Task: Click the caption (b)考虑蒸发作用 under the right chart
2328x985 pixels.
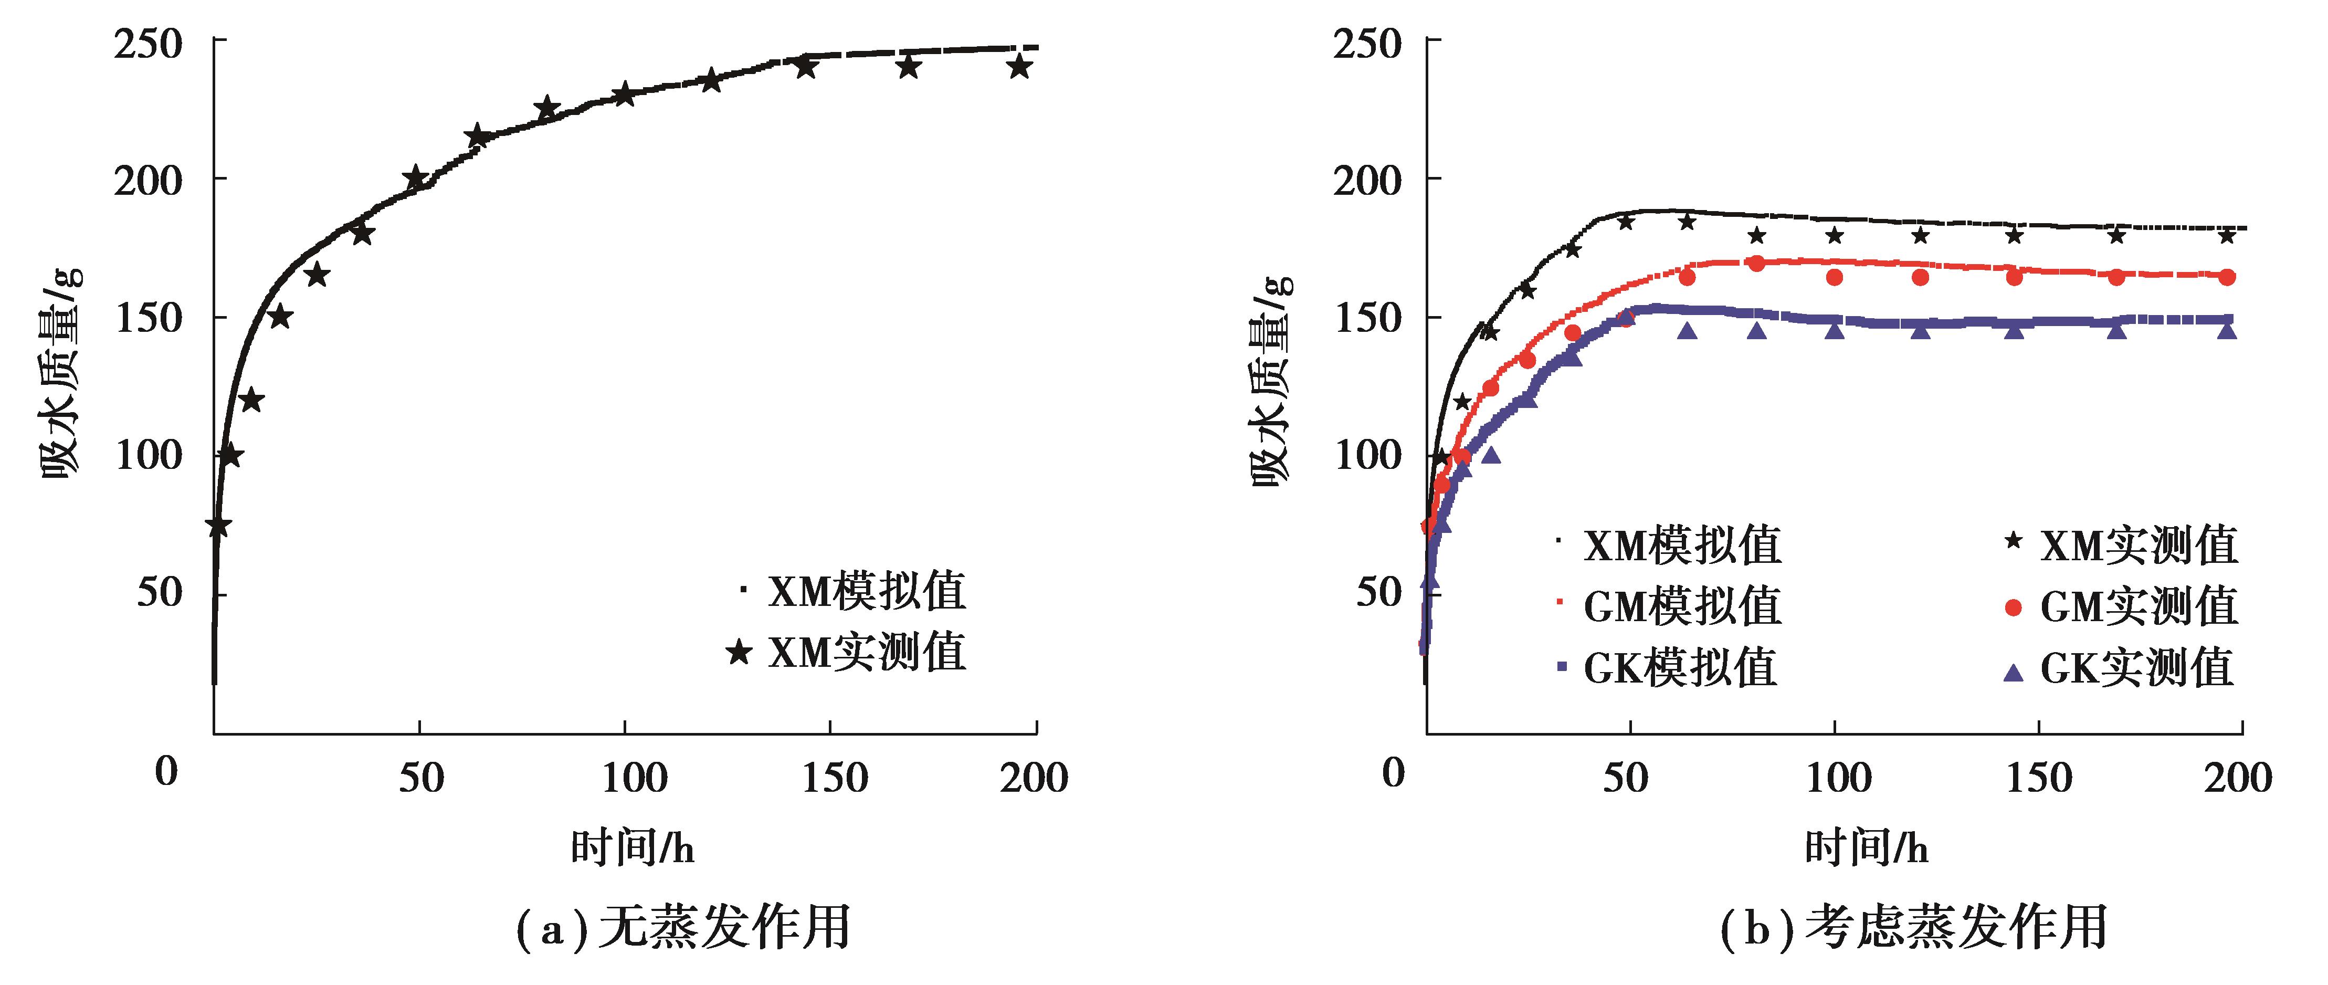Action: point(1914,928)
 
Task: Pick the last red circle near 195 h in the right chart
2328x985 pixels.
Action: point(2227,277)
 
